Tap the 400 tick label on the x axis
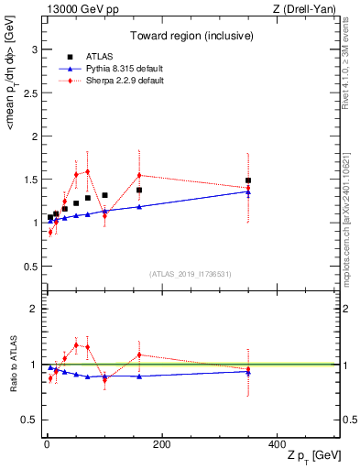pos(277,444)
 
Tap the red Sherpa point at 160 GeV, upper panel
pos(139,175)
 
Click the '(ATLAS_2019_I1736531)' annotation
pos(191,273)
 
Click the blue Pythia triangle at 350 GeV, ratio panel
pos(248,372)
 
